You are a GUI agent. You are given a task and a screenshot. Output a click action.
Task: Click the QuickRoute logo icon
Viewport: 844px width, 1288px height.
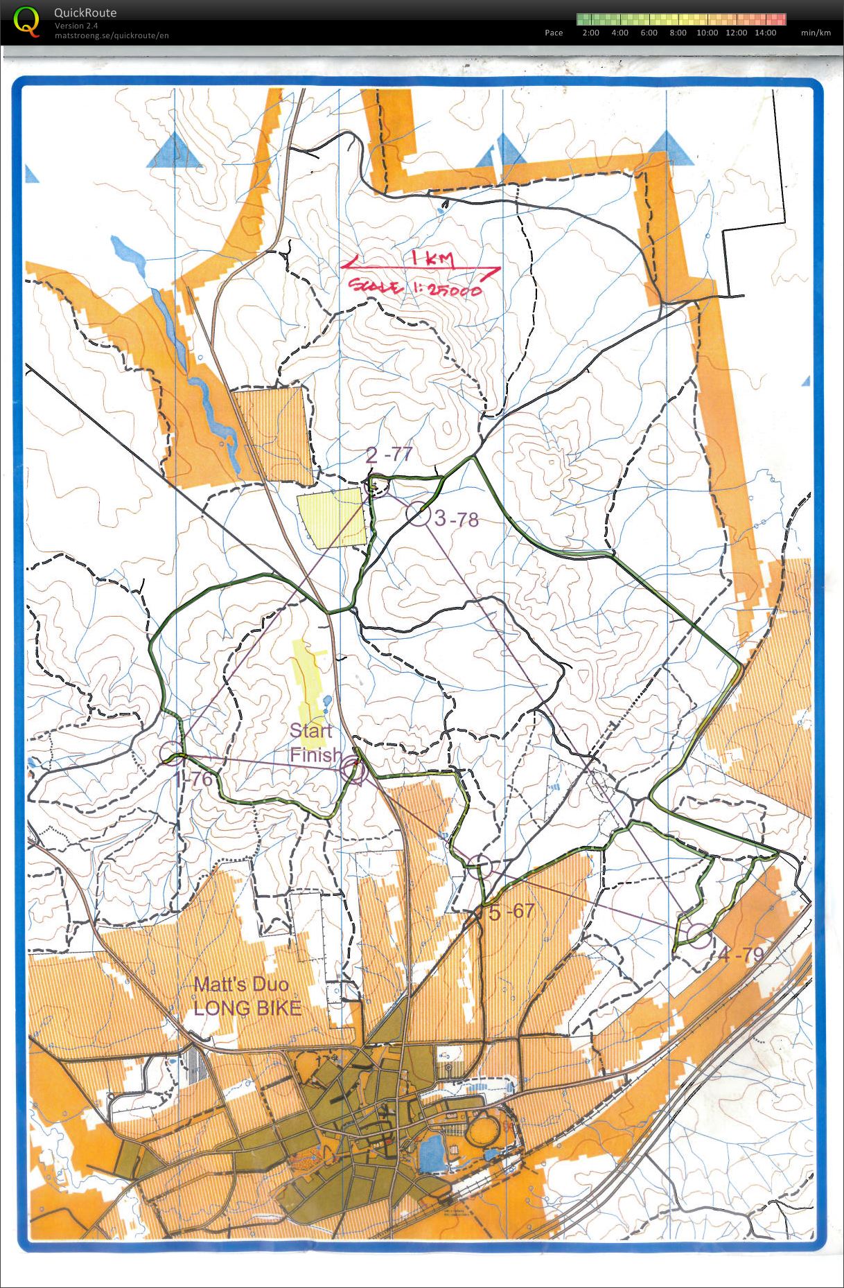[26, 21]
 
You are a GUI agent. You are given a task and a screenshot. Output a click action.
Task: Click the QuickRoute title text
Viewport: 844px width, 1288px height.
[85, 12]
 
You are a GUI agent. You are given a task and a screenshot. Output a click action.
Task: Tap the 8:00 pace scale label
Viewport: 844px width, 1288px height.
[678, 33]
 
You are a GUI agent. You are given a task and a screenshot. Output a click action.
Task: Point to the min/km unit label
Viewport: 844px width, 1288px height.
[816, 33]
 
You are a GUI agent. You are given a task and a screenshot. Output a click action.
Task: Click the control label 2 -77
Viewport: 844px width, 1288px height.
[389, 455]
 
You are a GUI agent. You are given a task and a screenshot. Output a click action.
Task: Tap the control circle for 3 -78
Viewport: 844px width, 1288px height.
[418, 514]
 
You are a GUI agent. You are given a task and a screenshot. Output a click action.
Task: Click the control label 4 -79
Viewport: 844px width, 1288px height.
[741, 955]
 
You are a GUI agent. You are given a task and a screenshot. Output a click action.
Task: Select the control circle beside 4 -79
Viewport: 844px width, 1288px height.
[699, 935]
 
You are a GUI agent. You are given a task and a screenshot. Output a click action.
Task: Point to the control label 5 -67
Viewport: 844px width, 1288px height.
[511, 912]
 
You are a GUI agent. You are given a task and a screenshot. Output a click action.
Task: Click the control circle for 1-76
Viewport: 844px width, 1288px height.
[171, 753]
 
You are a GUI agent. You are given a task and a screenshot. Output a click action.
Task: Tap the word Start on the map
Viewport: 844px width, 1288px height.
[310, 730]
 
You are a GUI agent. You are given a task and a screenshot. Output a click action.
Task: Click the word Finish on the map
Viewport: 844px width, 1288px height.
[315, 755]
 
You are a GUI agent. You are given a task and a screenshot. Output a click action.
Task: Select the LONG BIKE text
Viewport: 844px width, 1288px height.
[247, 1008]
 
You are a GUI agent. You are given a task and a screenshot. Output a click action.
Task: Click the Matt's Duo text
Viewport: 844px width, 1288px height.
[240, 984]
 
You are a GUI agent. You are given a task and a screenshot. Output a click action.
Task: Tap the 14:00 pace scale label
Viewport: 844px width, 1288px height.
[765, 33]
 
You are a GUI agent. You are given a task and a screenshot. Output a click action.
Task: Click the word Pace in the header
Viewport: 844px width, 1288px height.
[554, 33]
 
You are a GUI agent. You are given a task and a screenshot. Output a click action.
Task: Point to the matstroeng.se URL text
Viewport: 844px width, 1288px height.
[112, 35]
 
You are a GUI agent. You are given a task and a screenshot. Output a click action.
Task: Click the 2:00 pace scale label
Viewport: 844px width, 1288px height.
[590, 33]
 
